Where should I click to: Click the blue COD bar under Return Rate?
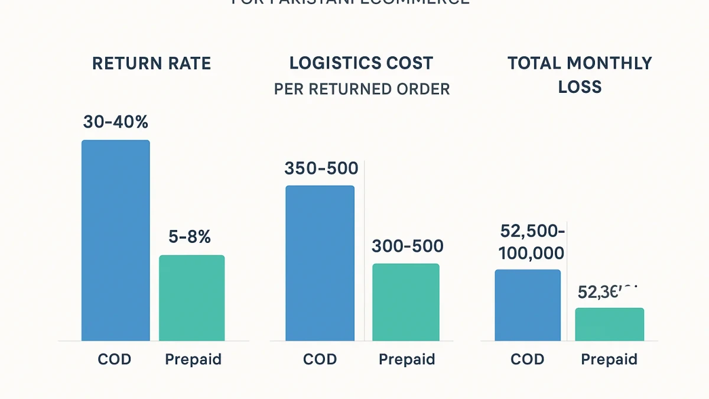tap(116, 240)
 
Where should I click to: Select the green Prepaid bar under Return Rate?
tap(192, 298)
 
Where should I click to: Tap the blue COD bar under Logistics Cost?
tap(320, 263)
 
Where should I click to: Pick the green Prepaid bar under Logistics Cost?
tap(406, 302)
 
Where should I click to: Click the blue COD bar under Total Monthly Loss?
tap(528, 305)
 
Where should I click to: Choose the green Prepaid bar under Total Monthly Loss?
tap(610, 324)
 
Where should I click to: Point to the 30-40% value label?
tap(116, 122)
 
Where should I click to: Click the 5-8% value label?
tap(190, 237)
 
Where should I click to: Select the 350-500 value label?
tap(321, 168)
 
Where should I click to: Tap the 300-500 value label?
tap(406, 246)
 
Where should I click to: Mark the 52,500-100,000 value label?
tap(532, 242)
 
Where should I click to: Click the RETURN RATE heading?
tap(152, 63)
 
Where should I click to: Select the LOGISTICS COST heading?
tap(361, 63)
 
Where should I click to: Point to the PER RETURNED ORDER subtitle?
tap(362, 89)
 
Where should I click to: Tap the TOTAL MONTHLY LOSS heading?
tap(580, 74)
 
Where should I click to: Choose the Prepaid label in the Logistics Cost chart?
tap(406, 359)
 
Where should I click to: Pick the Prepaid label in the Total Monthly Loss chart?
tap(609, 359)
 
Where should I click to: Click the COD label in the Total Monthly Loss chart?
tap(527, 359)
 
